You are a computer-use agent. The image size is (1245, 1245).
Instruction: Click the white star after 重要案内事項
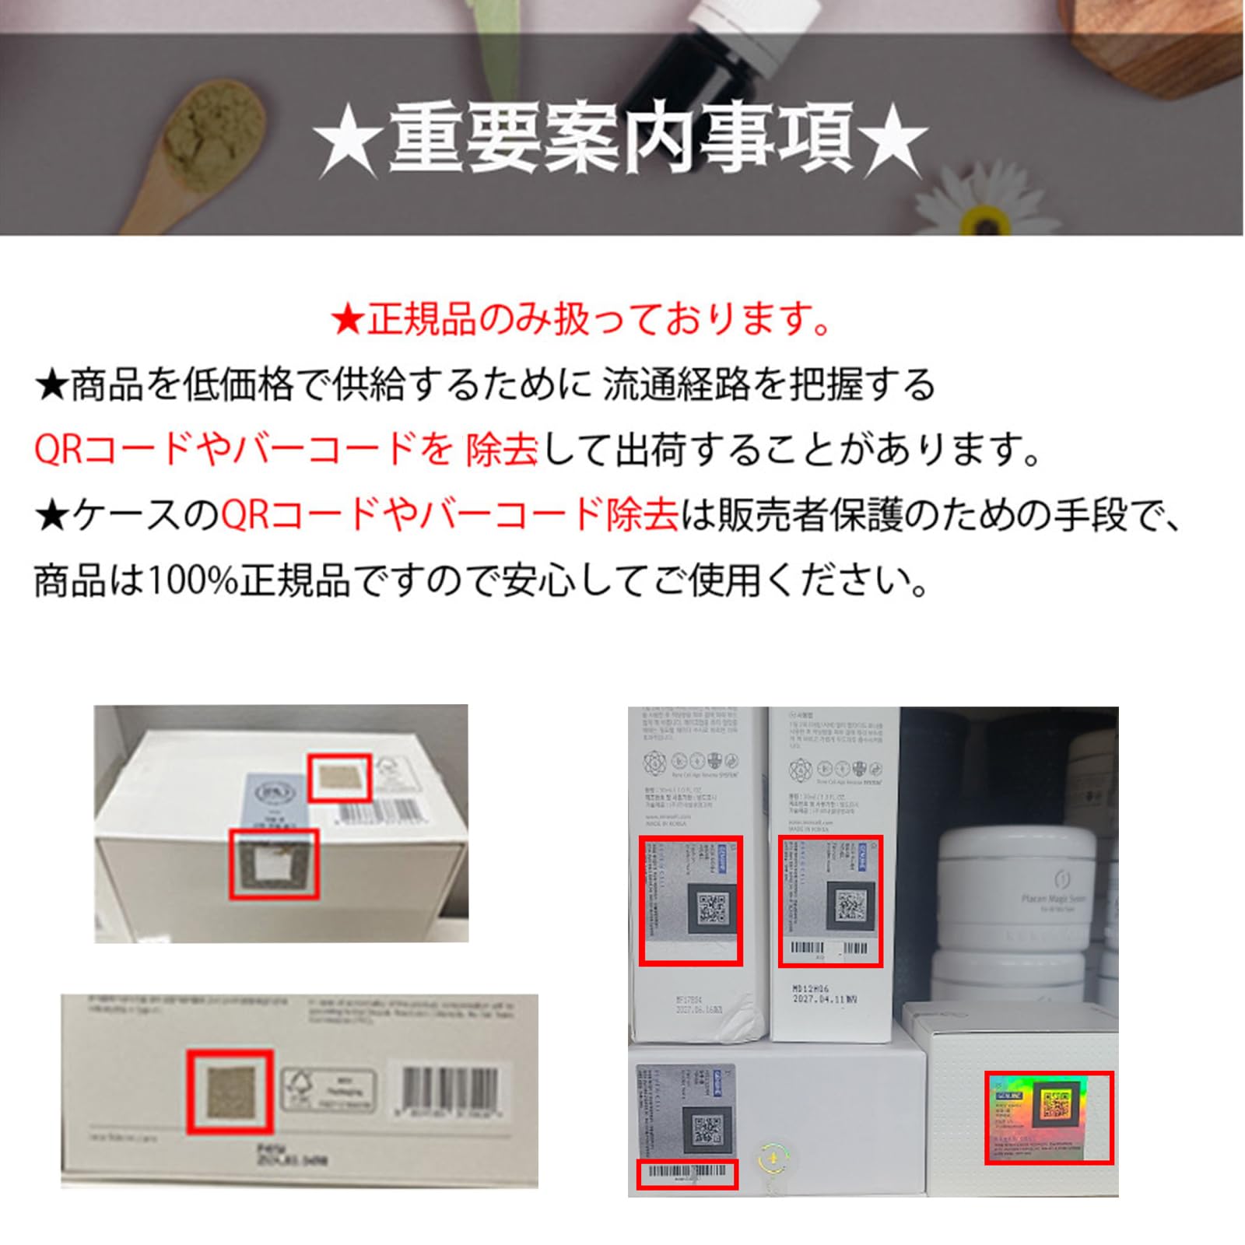click(895, 143)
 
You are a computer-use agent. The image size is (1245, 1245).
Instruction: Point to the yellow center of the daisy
click(986, 220)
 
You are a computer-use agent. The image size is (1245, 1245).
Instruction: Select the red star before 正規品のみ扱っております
click(347, 319)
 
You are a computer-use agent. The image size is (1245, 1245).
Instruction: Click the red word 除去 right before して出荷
click(501, 450)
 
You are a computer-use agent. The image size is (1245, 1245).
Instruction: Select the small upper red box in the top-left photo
click(338, 777)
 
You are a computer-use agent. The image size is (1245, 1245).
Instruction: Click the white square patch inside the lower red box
click(273, 865)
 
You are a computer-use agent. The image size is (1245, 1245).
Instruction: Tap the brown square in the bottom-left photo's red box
click(231, 1091)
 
